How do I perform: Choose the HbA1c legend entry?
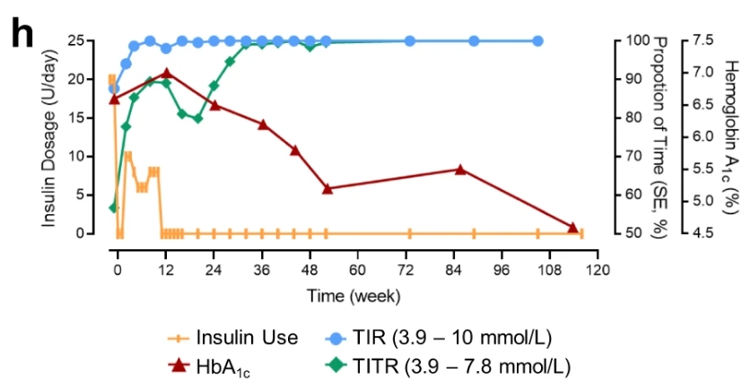click(x=208, y=365)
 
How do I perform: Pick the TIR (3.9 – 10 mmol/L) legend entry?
click(x=438, y=338)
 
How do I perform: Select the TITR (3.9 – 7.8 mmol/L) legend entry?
click(x=446, y=365)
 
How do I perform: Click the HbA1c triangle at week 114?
click(x=573, y=228)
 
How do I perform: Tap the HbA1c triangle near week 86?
click(x=460, y=169)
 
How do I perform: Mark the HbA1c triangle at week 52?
click(x=327, y=189)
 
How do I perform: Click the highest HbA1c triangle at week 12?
click(x=167, y=73)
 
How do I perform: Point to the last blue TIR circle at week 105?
click(x=537, y=41)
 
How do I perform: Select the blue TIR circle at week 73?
click(x=410, y=41)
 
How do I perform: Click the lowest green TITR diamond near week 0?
click(x=114, y=208)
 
